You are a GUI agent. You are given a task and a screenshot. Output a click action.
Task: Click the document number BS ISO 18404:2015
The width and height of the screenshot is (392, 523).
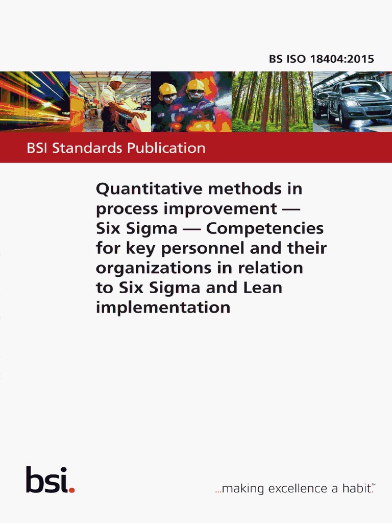point(322,59)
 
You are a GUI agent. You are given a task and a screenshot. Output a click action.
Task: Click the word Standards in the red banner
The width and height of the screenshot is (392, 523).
point(87,149)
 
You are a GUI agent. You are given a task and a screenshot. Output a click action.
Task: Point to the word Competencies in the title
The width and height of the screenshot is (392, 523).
point(264,228)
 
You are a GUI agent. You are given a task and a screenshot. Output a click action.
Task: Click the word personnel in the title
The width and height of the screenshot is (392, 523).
point(191,249)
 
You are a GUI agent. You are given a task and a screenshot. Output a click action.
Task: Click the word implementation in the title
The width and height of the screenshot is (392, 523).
point(163,307)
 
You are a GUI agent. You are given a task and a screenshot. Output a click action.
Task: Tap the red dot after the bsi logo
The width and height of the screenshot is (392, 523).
point(72,490)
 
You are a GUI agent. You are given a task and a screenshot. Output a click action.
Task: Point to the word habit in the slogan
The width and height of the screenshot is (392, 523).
point(357,488)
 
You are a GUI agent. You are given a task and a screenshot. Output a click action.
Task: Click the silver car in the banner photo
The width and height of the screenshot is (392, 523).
point(357,102)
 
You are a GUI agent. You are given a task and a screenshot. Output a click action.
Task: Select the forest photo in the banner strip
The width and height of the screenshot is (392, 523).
point(272,102)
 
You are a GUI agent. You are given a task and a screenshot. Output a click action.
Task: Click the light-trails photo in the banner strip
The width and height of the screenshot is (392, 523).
point(35,102)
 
